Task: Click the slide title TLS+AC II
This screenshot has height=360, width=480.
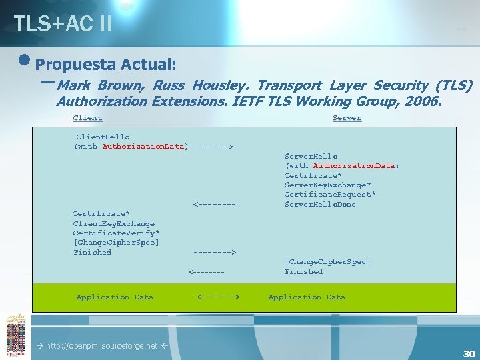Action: [63, 24]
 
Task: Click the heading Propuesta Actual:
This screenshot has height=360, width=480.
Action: [105, 65]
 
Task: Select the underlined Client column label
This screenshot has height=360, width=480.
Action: [87, 118]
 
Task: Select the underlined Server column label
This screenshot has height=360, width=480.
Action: [347, 118]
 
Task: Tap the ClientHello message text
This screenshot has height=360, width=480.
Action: [103, 136]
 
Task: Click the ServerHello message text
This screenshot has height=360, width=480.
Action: [311, 156]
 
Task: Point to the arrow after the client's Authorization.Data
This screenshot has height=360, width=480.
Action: [215, 146]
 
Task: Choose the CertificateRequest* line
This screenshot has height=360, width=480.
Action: [329, 195]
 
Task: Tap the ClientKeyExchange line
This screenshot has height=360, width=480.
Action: [113, 223]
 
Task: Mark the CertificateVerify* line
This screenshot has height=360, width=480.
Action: [115, 233]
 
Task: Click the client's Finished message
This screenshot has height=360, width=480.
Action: [93, 253]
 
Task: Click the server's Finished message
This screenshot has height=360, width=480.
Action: [303, 272]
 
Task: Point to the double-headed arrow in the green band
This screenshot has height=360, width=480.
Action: [218, 297]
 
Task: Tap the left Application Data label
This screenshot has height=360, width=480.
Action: [115, 297]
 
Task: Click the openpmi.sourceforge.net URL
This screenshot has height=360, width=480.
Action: [101, 346]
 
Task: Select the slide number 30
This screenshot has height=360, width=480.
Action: [469, 354]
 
